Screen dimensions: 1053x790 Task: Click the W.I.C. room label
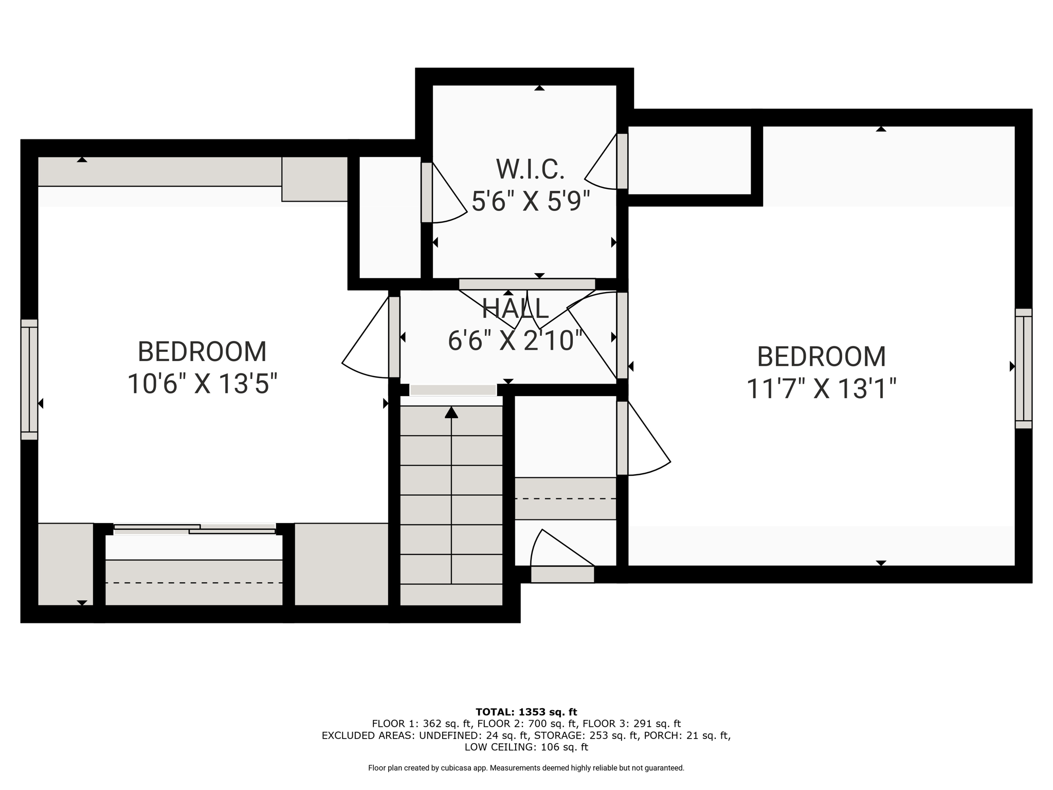(x=530, y=169)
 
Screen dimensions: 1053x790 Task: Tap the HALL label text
(x=515, y=309)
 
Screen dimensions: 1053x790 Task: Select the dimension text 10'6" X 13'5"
(x=202, y=384)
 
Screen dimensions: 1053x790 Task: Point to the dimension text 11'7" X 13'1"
(x=821, y=388)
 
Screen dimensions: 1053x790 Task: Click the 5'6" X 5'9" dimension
(x=530, y=201)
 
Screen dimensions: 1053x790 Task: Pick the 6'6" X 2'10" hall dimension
(x=516, y=340)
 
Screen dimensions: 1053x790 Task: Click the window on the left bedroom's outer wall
(x=29, y=380)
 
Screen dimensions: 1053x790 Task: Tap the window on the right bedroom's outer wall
(x=1023, y=368)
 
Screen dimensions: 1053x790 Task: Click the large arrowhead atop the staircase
(x=451, y=412)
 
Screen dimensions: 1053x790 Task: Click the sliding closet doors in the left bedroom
(x=194, y=529)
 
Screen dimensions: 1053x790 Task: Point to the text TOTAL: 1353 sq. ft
(x=526, y=712)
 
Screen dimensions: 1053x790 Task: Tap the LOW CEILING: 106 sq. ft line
(x=526, y=747)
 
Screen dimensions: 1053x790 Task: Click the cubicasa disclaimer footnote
(x=526, y=768)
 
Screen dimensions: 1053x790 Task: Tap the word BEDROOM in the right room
(x=821, y=356)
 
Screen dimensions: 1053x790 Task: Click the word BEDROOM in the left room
(x=202, y=352)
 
